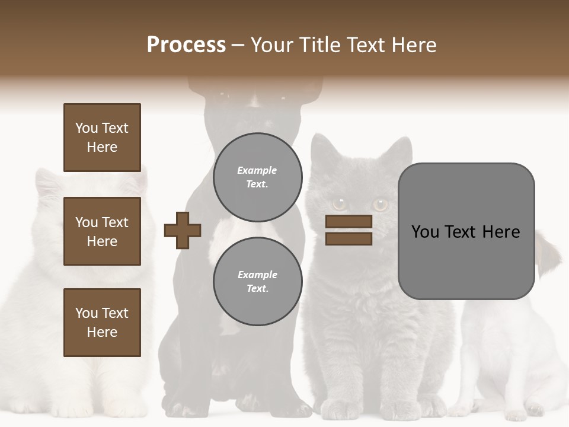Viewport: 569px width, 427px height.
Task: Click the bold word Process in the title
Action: pos(186,45)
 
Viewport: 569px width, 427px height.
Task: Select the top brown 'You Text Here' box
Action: pos(102,138)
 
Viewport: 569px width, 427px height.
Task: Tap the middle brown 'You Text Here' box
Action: pos(102,231)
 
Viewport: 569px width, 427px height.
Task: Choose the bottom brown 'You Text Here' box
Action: pos(102,323)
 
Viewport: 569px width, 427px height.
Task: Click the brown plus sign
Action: pos(183,230)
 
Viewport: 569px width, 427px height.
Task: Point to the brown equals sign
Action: pos(349,230)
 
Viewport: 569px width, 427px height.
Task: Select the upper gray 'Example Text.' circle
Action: pos(257,177)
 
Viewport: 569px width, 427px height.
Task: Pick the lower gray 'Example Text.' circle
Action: pos(257,281)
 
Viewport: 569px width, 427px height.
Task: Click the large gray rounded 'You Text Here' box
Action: pos(466,231)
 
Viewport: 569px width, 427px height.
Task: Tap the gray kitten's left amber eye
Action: pos(340,204)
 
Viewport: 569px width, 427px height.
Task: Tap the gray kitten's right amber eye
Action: pos(380,205)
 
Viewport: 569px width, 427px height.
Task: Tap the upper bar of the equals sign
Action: pos(349,222)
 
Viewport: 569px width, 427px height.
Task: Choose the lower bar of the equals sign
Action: pos(349,238)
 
